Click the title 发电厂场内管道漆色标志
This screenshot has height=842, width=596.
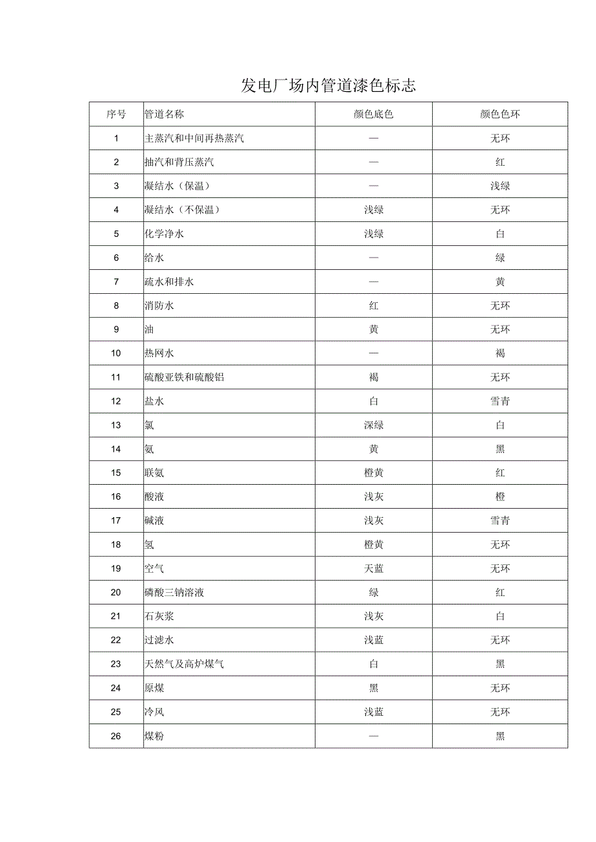328,85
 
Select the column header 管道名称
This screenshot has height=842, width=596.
164,115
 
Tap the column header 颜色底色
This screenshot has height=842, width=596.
374,115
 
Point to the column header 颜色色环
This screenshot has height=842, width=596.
500,115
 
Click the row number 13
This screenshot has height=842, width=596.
116,425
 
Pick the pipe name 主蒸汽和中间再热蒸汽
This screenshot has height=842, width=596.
194,138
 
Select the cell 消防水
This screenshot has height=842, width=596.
159,305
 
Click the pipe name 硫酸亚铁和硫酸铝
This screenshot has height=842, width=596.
184,377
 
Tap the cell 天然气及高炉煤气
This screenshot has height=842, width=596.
184,664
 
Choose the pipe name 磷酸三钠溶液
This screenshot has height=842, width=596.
174,592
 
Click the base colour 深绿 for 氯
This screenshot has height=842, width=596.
374,425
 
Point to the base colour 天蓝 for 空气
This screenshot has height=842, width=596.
374,568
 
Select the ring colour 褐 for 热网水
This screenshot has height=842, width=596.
500,353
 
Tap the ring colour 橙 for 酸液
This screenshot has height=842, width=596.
500,496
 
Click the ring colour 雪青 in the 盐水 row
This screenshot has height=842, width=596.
500,401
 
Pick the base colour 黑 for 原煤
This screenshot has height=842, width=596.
374,688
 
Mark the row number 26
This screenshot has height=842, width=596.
116,736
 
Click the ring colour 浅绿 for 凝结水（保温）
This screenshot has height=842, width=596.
500,186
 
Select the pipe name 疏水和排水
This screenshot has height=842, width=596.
169,282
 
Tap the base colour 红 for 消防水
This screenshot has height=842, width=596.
374,305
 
